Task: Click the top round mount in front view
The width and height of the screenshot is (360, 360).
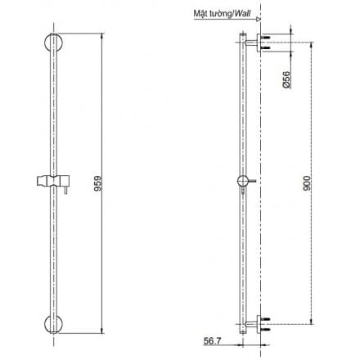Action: [50, 44]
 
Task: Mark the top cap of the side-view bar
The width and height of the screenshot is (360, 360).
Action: [243, 33]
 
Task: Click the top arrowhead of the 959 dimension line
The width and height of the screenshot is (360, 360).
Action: [104, 34]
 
